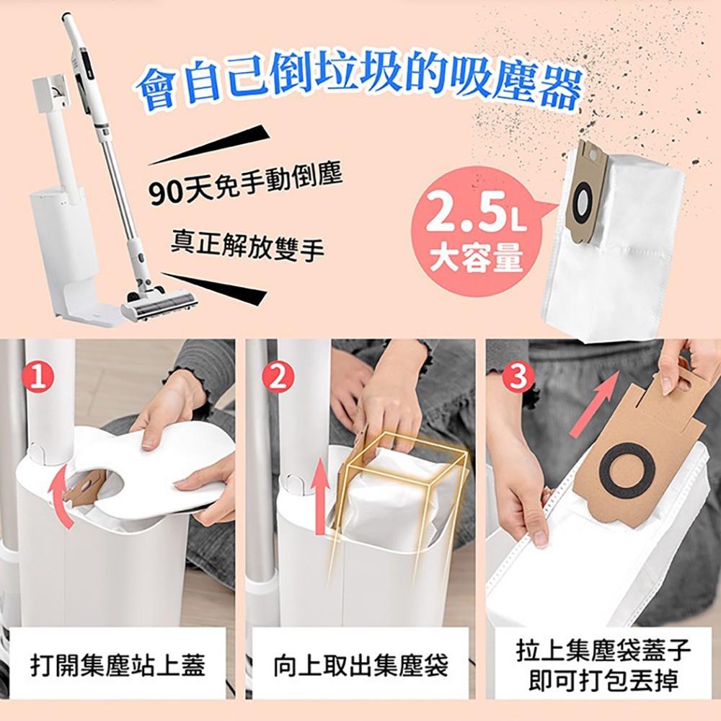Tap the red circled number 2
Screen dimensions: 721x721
278,378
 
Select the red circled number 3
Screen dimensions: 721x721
518,378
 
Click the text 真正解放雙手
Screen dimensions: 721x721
247,246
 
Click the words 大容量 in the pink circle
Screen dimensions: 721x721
477,257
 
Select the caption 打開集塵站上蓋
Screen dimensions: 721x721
118,665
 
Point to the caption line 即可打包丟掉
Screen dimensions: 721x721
603,679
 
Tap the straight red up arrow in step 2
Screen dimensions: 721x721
321,497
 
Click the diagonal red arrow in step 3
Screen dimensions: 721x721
596,404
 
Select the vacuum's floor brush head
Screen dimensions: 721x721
159,304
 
